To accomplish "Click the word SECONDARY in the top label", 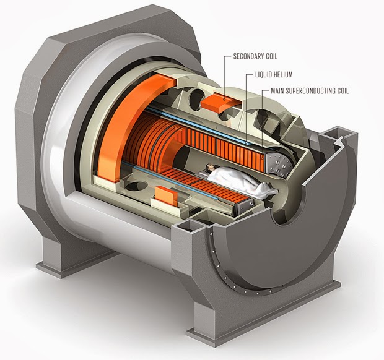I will pyautogui.click(x=247, y=56).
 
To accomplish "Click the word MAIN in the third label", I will pyautogui.click(x=279, y=92).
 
